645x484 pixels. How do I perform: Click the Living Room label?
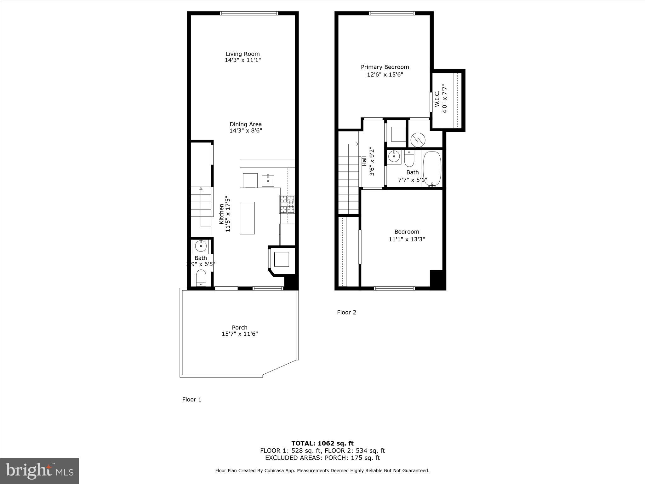[243, 54]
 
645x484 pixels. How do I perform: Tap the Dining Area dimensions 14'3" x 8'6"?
[246, 130]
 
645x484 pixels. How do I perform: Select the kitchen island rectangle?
[247, 218]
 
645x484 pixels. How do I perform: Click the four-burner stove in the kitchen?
[287, 204]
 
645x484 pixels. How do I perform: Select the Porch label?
[240, 327]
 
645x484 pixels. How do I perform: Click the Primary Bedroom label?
[385, 67]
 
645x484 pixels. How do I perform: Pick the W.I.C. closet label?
[437, 99]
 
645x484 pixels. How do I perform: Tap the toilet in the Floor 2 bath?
[409, 159]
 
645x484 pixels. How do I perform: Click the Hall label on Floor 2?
[364, 161]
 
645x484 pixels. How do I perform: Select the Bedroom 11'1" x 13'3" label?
[407, 235]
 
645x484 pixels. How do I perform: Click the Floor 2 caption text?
[346, 312]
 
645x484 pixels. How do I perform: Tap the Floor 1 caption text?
[191, 400]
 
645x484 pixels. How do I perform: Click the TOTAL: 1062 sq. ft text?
[322, 443]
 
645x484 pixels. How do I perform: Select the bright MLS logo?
[39, 471]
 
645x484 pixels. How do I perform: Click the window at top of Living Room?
[249, 13]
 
